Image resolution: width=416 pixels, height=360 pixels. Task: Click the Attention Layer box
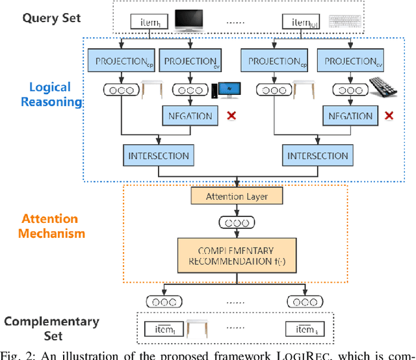[237, 195]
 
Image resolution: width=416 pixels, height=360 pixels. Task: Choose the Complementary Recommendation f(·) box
[237, 256]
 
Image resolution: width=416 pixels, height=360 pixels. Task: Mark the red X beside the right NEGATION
[389, 116]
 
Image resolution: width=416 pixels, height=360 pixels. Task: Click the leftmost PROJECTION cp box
[121, 62]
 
